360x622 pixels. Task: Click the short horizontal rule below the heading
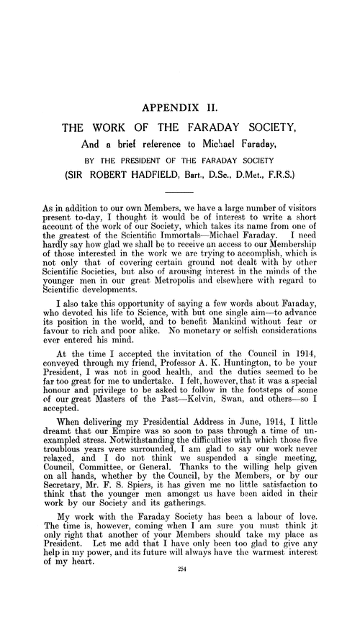click(180, 193)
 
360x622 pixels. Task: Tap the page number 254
click(180, 609)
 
